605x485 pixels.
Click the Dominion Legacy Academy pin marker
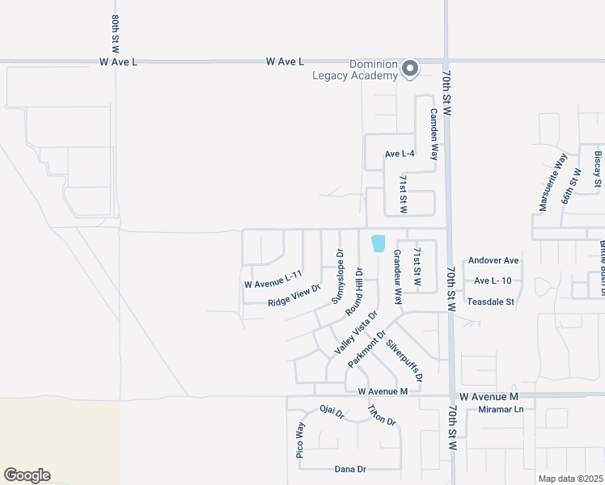[410, 69]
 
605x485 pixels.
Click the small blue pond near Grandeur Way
[378, 242]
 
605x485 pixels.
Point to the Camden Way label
[434, 133]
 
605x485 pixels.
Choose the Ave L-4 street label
[400, 154]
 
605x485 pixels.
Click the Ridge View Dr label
[294, 295]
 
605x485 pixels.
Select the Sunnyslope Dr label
[338, 276]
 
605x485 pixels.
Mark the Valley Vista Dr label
[357, 333]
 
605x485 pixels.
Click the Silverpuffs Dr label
[404, 361]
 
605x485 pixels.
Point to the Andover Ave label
[493, 261]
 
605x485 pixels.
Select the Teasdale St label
[491, 302]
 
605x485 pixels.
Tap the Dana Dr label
[350, 469]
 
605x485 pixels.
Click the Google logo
[27, 475]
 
